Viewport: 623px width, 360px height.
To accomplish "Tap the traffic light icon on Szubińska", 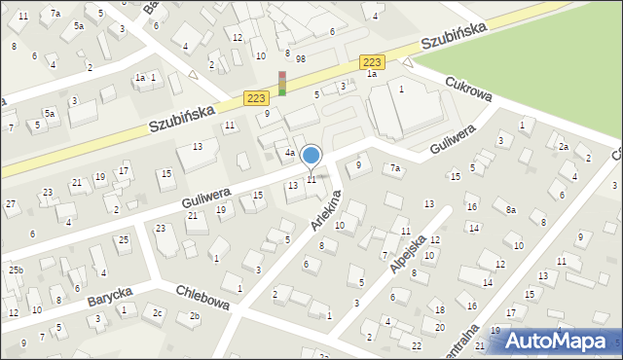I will [x=282, y=84].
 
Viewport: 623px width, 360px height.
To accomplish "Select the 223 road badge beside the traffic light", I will [x=256, y=98].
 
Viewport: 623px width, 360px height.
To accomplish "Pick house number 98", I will [x=301, y=59].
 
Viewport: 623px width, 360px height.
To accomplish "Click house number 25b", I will [x=16, y=270].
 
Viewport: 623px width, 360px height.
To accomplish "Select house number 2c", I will [x=157, y=312].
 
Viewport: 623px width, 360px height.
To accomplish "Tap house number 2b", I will [x=195, y=316].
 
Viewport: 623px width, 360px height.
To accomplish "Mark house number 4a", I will [x=289, y=153].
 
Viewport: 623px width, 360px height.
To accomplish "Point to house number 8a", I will [x=510, y=209].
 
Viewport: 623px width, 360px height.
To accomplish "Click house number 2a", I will [x=563, y=147].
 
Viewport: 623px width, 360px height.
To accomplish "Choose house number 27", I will [x=11, y=204].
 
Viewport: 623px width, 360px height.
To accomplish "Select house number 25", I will [x=123, y=239].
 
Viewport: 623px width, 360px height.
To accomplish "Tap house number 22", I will [x=417, y=346].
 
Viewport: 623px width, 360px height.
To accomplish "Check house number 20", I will [x=439, y=327].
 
